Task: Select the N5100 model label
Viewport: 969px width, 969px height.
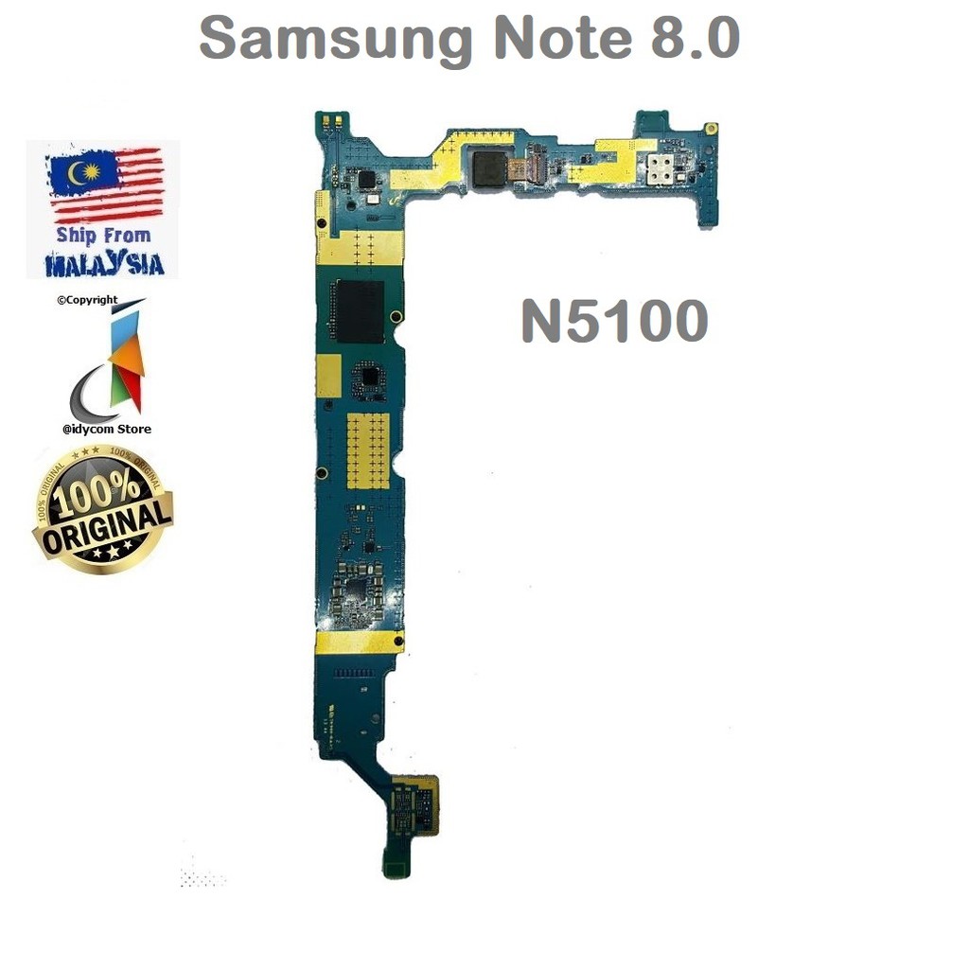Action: point(614,322)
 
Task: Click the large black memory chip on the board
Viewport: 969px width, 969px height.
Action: point(357,310)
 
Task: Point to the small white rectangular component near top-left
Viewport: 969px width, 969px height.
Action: point(375,201)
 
